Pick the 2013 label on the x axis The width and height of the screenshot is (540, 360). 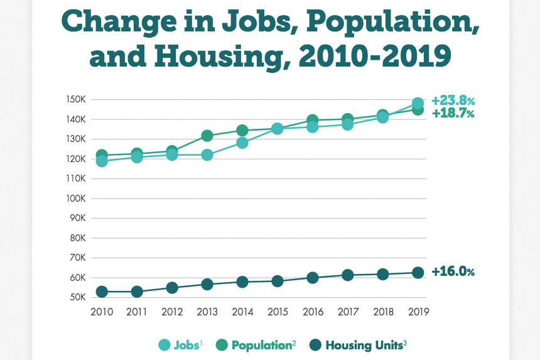pyautogui.click(x=207, y=312)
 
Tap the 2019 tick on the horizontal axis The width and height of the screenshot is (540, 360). pyautogui.click(x=418, y=312)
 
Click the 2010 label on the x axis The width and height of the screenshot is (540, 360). pyautogui.click(x=101, y=312)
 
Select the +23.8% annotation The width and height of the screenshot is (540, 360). pyautogui.click(x=452, y=101)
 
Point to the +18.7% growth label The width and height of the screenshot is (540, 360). pyautogui.click(x=452, y=114)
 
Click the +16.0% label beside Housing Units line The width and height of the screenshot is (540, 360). pyautogui.click(x=452, y=273)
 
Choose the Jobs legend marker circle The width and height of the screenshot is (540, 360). pyautogui.click(x=164, y=344)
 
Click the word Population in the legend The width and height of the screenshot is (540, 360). pyautogui.click(x=258, y=344)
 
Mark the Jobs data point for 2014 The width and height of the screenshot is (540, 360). pyautogui.click(x=242, y=143)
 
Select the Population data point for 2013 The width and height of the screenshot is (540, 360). pyautogui.click(x=207, y=136)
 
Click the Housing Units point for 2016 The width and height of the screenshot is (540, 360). pyautogui.click(x=312, y=278)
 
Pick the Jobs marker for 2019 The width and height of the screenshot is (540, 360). pyautogui.click(x=418, y=103)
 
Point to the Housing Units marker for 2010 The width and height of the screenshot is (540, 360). pyautogui.click(x=101, y=292)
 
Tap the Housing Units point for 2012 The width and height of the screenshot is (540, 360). pyautogui.click(x=171, y=288)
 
